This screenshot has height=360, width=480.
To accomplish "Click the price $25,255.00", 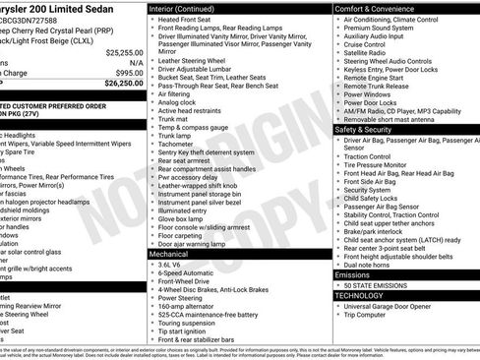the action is [x=124, y=52].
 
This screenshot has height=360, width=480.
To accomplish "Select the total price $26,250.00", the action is [x=124, y=84].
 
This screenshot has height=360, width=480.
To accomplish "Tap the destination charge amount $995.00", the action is [x=129, y=73].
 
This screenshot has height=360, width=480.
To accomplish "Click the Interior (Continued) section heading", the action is [x=189, y=8].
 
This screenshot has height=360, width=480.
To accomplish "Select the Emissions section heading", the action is [x=352, y=274].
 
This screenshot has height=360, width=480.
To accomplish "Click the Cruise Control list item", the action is [x=365, y=44].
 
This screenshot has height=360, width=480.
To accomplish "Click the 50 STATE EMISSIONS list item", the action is [x=384, y=285].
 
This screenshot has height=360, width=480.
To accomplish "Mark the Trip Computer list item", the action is [x=369, y=316].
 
